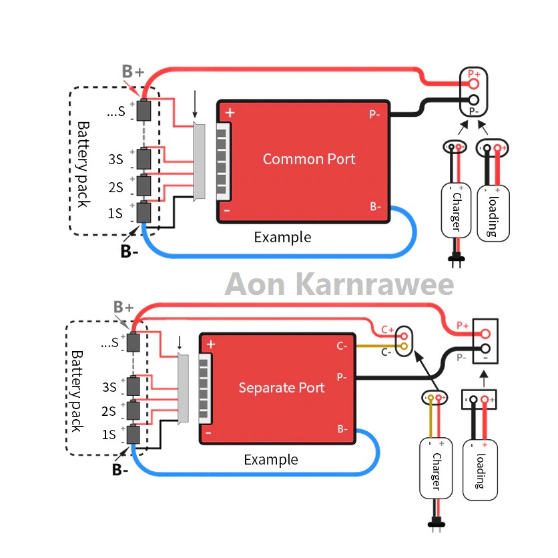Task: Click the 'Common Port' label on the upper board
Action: point(309,159)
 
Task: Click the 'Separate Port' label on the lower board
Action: point(282,388)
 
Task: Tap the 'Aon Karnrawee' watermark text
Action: point(339,284)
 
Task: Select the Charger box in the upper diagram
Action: point(453,210)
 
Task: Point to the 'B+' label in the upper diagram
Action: point(132,71)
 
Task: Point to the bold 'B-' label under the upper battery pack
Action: point(129,251)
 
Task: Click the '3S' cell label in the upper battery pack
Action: point(115,160)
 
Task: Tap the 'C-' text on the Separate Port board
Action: point(341,346)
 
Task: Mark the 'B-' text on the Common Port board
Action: point(376,206)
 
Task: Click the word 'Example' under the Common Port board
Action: point(282,237)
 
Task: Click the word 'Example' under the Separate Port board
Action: point(270,460)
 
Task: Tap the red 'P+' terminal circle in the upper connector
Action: point(474,84)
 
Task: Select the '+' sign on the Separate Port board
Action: point(211,344)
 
